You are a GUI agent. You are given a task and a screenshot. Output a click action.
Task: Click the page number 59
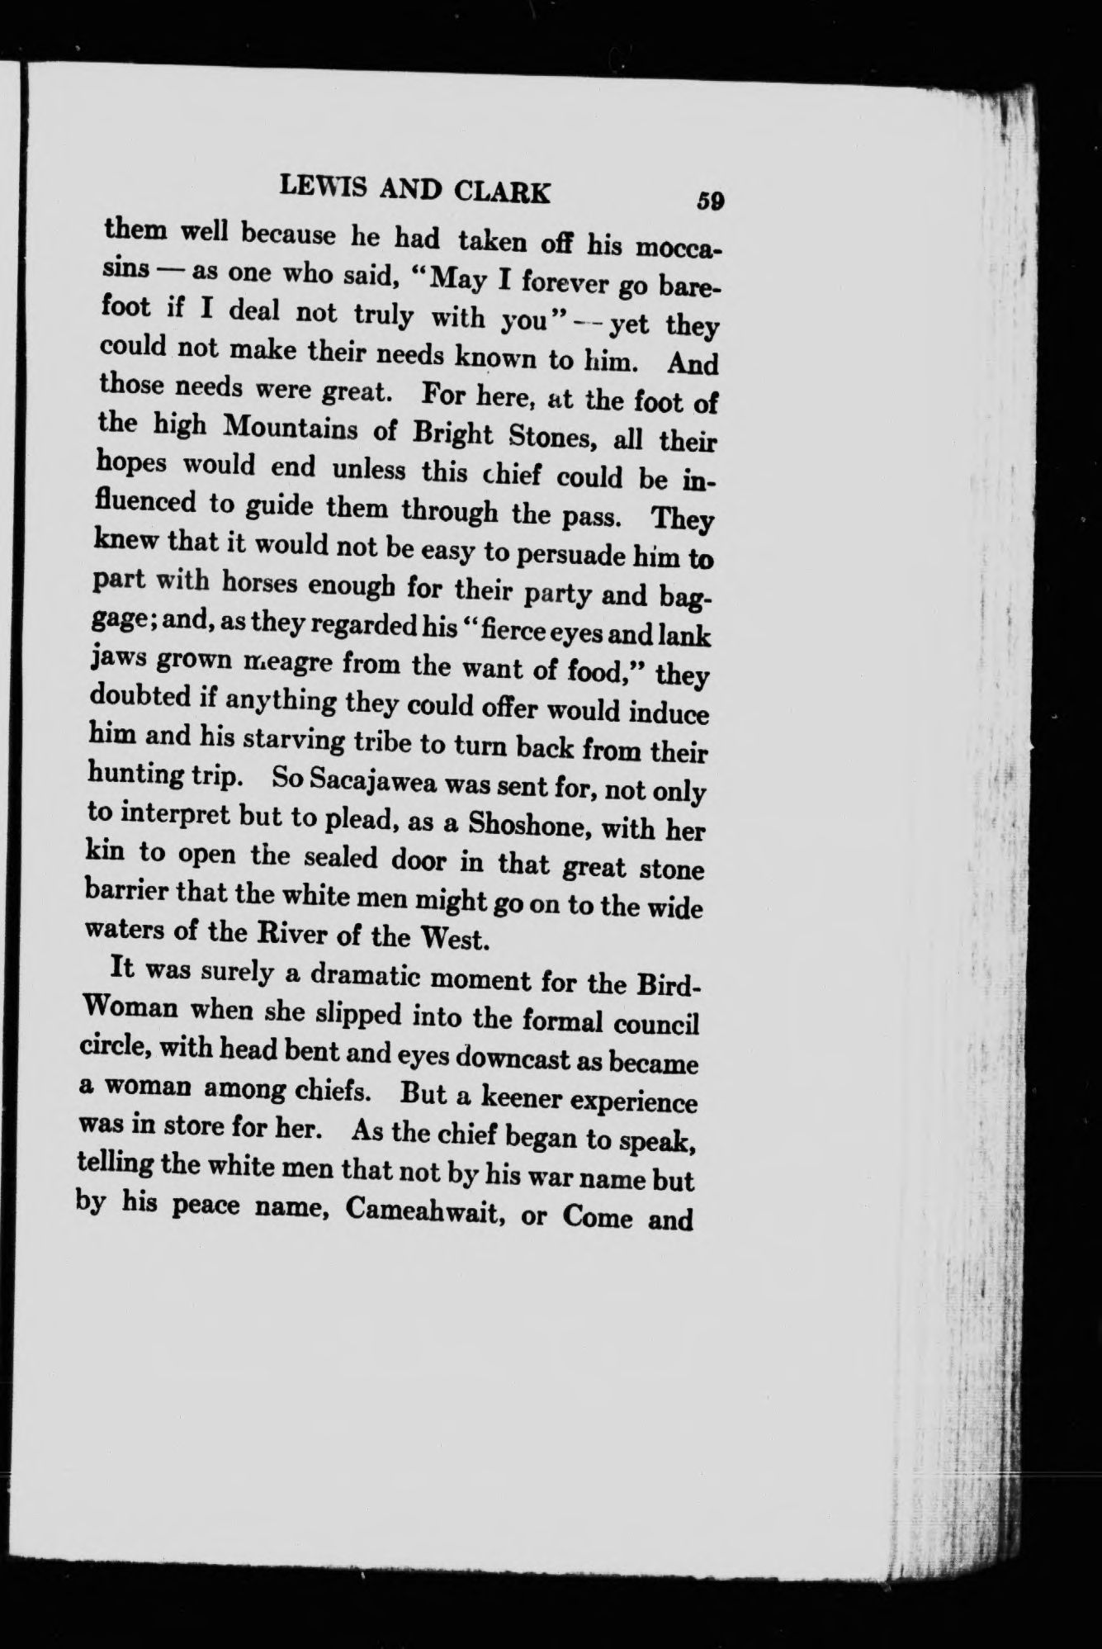pyautogui.click(x=709, y=200)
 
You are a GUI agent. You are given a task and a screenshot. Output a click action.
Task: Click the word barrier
pyautogui.click(x=131, y=893)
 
